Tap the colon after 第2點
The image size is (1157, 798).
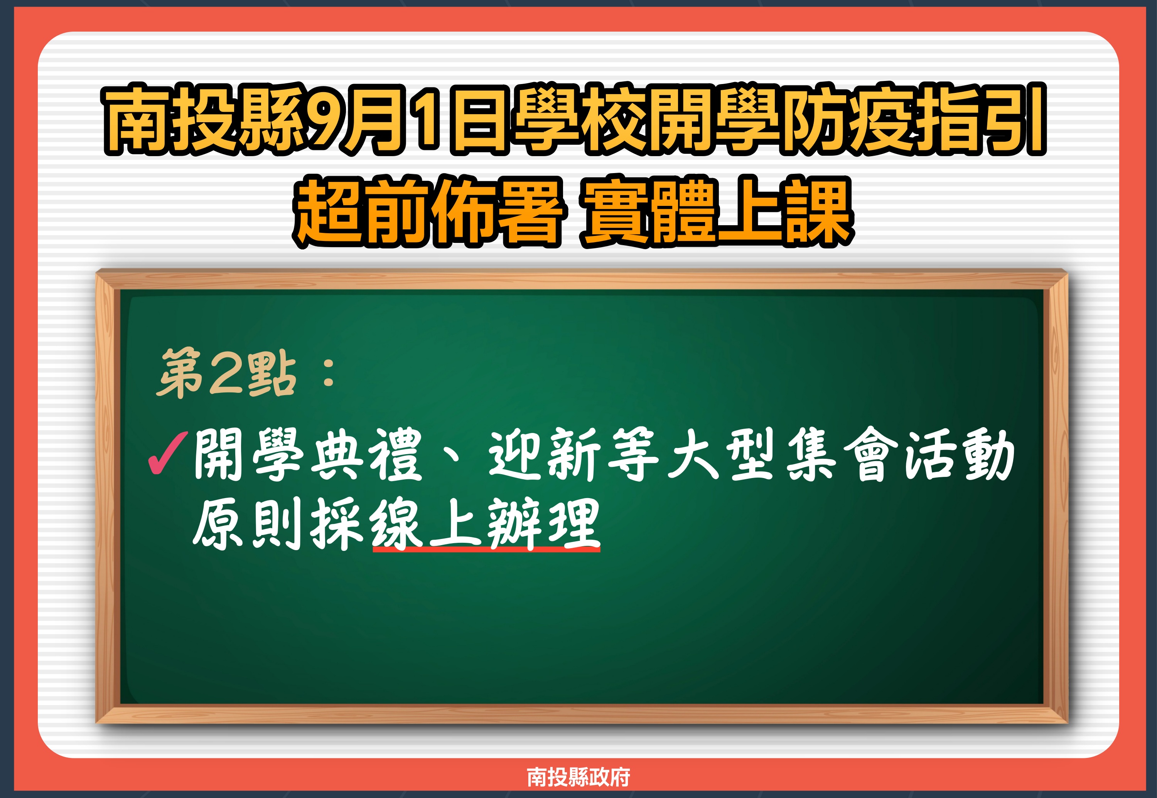click(x=329, y=374)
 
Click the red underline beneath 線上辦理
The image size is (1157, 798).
click(x=486, y=549)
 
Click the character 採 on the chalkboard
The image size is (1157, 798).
click(x=337, y=524)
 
